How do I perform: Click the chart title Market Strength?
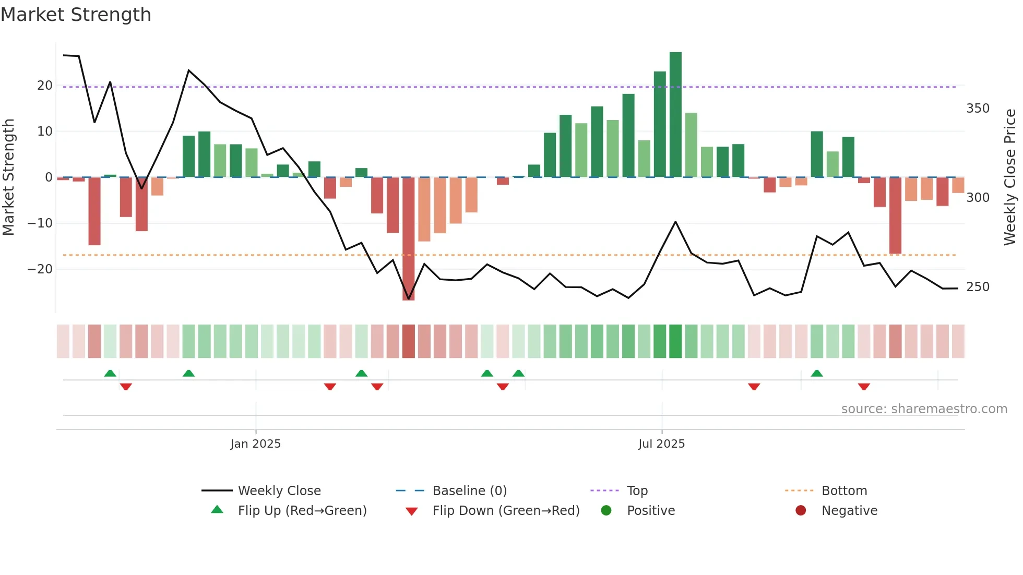tap(76, 15)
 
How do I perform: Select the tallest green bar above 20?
tap(675, 115)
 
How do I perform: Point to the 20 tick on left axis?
tap(45, 86)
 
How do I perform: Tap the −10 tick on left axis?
tap(40, 223)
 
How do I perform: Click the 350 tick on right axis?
tap(978, 109)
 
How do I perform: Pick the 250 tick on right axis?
tap(978, 287)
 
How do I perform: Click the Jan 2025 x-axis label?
tap(255, 444)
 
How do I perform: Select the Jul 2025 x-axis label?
tap(661, 444)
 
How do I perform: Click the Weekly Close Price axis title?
tap(1010, 177)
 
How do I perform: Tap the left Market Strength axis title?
tap(8, 177)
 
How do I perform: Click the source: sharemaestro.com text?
tap(924, 409)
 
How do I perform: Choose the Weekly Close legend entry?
tap(279, 491)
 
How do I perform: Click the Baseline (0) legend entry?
tap(469, 491)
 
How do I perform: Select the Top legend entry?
tap(637, 491)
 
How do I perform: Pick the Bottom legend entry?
tap(844, 491)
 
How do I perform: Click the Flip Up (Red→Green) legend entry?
tap(302, 511)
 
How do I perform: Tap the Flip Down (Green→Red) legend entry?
tap(505, 511)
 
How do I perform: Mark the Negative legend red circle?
tap(801, 511)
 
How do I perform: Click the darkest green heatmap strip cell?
tap(675, 341)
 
